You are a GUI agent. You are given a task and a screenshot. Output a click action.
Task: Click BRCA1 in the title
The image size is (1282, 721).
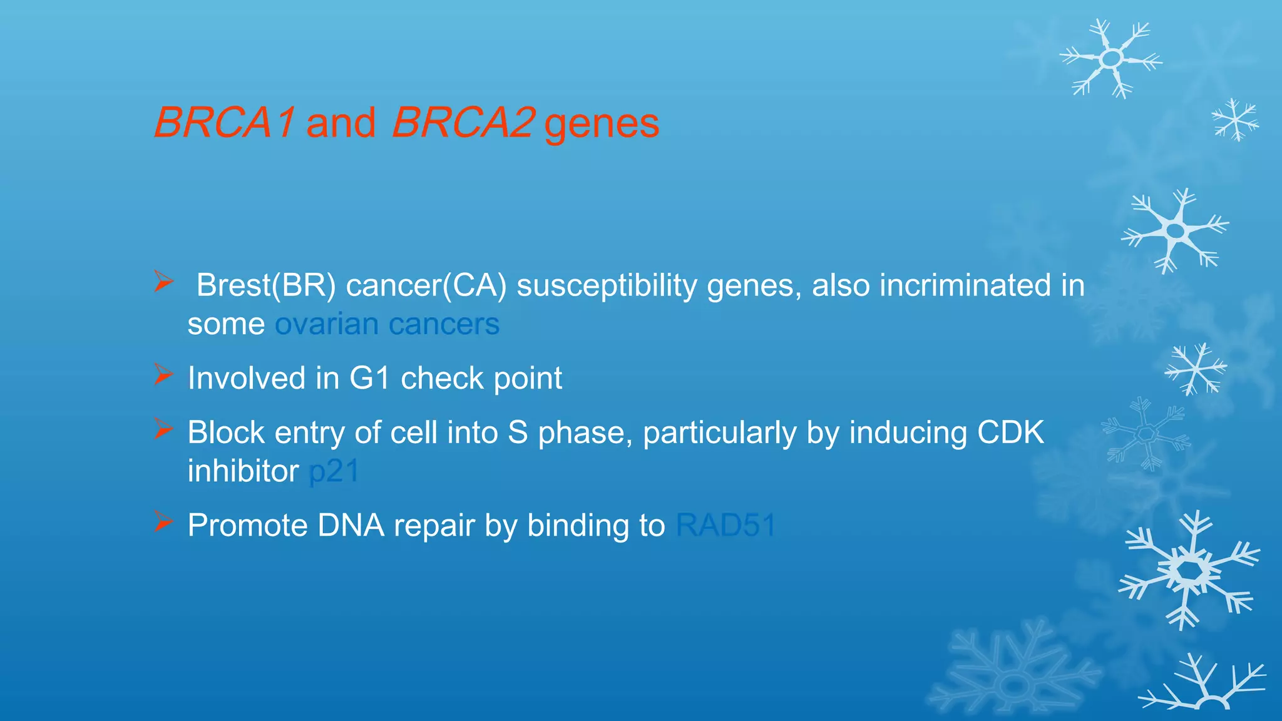[x=223, y=122]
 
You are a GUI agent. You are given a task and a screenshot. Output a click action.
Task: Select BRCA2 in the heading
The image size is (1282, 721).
[x=463, y=122]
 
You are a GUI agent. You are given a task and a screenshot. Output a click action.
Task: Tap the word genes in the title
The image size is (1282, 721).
[x=602, y=125]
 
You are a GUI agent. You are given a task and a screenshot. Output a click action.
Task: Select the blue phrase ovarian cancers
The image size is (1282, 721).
[x=387, y=324]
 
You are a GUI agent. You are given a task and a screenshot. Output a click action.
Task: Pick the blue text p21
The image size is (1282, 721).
[x=334, y=471]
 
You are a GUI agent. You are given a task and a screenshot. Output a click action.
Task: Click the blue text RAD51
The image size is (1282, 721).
[x=726, y=525]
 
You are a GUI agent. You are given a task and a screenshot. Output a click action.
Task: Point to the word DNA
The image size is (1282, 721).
[x=351, y=525]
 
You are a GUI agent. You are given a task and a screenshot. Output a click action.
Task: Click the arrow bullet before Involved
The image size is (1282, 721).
[x=163, y=375]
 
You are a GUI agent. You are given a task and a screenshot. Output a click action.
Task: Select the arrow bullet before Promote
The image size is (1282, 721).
[x=163, y=521]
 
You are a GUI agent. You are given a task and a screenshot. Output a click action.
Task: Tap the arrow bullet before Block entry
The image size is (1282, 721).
[x=163, y=429]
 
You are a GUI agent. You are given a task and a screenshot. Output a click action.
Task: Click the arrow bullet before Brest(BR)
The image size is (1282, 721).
[x=163, y=282]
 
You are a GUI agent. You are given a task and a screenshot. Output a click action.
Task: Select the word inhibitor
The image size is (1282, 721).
[x=243, y=471]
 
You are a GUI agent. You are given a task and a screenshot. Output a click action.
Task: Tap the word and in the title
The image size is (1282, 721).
[x=341, y=123]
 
